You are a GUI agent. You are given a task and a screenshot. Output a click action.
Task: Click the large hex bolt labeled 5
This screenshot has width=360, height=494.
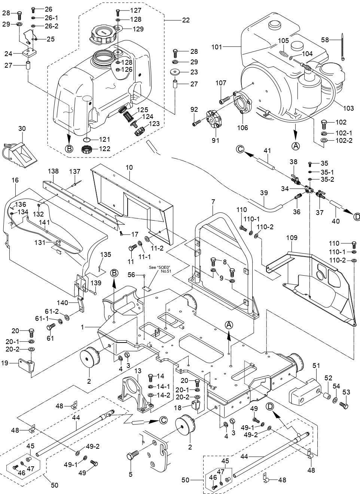133,457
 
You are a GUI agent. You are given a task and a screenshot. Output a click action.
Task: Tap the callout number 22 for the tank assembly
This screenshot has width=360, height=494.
186,20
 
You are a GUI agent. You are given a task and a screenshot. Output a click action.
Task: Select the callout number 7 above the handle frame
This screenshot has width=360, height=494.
213,202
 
